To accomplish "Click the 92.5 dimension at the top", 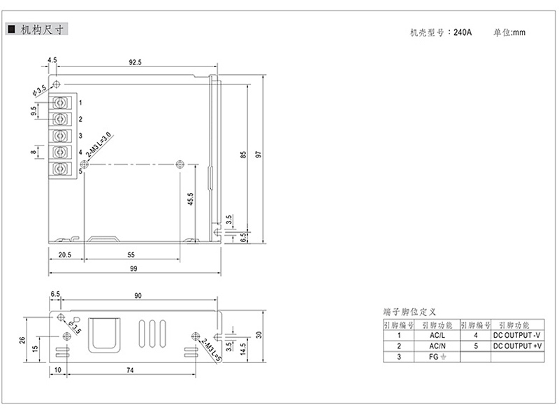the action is coord(135,62).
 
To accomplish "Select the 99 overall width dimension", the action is coord(133,269).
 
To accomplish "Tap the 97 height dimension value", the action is coord(259,155).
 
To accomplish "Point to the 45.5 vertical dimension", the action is coord(190,199).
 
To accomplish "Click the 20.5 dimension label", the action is coord(65,255).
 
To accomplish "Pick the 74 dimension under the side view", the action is coord(130,370).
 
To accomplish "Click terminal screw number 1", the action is coord(60,103).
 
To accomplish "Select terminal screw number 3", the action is coord(60,136).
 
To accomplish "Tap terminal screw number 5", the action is coord(60,169).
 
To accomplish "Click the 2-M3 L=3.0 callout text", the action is coord(99,145).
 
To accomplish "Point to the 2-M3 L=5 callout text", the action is coord(212,350).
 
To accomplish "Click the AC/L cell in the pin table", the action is coord(437,335).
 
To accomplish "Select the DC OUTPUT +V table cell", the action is coord(517,346).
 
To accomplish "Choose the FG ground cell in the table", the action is coord(437,357).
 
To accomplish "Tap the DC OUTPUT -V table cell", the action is coord(517,335).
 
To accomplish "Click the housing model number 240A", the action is coord(463,32).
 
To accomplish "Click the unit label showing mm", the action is coord(518,33).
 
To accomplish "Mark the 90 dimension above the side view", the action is coord(138,296).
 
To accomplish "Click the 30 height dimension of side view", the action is coord(259,335).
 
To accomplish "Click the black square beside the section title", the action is coord(11,29).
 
